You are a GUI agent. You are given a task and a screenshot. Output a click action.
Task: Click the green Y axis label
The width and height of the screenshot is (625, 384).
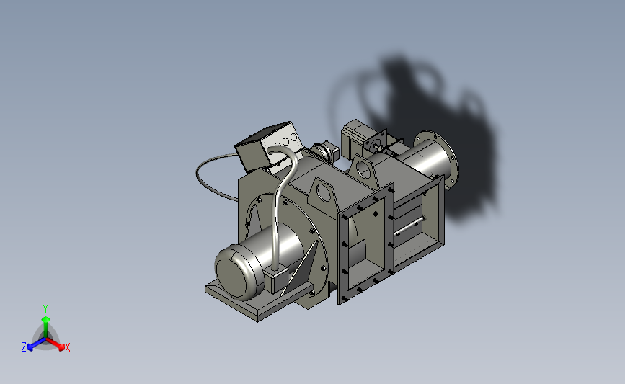(45, 309)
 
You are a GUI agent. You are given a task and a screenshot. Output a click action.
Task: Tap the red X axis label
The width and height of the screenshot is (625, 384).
(67, 347)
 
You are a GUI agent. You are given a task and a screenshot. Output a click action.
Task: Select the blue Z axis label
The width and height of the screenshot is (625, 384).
(24, 347)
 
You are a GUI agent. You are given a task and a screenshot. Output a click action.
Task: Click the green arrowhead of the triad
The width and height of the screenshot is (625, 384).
(45, 319)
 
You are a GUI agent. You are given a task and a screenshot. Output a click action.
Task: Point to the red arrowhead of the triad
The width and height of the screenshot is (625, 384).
(61, 347)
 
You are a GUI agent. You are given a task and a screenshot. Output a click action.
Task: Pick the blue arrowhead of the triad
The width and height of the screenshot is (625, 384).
(30, 348)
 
